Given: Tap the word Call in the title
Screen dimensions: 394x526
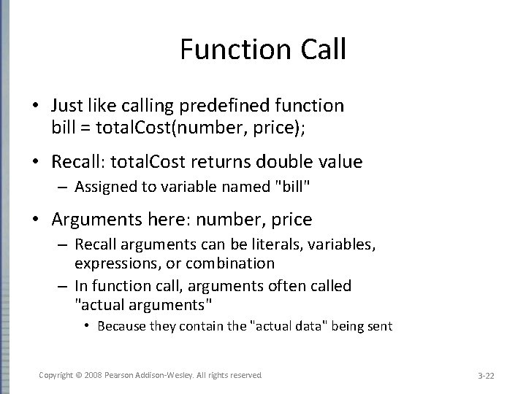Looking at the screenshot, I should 319,50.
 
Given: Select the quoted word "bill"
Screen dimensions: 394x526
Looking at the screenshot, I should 294,188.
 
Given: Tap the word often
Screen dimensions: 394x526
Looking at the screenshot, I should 275,286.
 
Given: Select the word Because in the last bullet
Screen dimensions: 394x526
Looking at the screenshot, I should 121,326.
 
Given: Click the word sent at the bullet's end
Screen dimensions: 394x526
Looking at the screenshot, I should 381,326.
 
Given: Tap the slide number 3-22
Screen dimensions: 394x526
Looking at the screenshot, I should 486,376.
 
